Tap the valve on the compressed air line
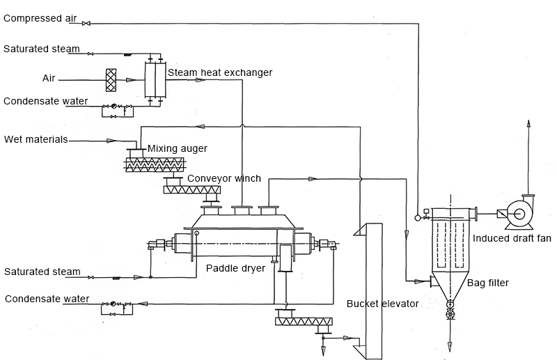pos(86,24)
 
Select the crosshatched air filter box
pos(110,79)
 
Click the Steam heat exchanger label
pos(220,72)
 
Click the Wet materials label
pos(36,139)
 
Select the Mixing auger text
pos(177,149)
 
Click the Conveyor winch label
pos(224,179)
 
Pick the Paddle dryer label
pos(235,268)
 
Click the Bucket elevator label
pos(382,304)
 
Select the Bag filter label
pos(487,283)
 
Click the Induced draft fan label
pos(512,239)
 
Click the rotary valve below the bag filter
pos(450,315)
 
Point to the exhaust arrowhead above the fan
pos(528,124)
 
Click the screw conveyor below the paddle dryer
pos(304,321)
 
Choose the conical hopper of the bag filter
pos(450,286)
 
